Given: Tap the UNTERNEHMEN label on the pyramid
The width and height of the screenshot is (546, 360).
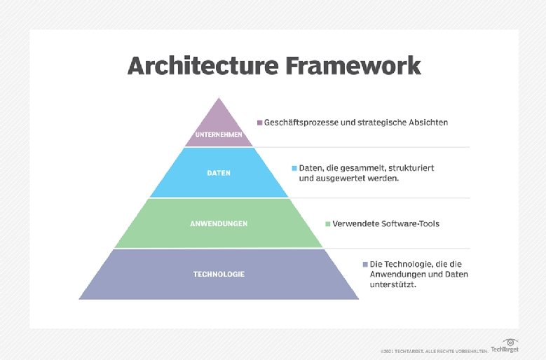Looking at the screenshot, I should point(219,134).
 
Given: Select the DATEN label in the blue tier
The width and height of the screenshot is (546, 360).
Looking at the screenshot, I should point(219,172).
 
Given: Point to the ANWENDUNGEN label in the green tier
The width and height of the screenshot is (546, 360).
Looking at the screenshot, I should point(219,223).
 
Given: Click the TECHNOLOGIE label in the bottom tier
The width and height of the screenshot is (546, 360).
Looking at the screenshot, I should point(219,274).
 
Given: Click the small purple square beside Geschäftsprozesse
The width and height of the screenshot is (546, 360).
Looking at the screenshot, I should point(260,123).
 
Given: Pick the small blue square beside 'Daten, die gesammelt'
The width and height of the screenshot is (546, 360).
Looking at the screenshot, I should point(295,169).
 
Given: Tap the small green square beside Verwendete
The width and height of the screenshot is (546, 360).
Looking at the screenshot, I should point(328,224).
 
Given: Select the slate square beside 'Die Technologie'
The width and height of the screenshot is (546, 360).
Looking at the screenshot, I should point(365,264).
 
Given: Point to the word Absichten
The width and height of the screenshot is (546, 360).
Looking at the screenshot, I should point(425,123).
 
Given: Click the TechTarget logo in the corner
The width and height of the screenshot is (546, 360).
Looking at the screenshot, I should point(505,347).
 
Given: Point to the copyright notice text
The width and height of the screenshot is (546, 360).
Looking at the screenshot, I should point(430,349).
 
